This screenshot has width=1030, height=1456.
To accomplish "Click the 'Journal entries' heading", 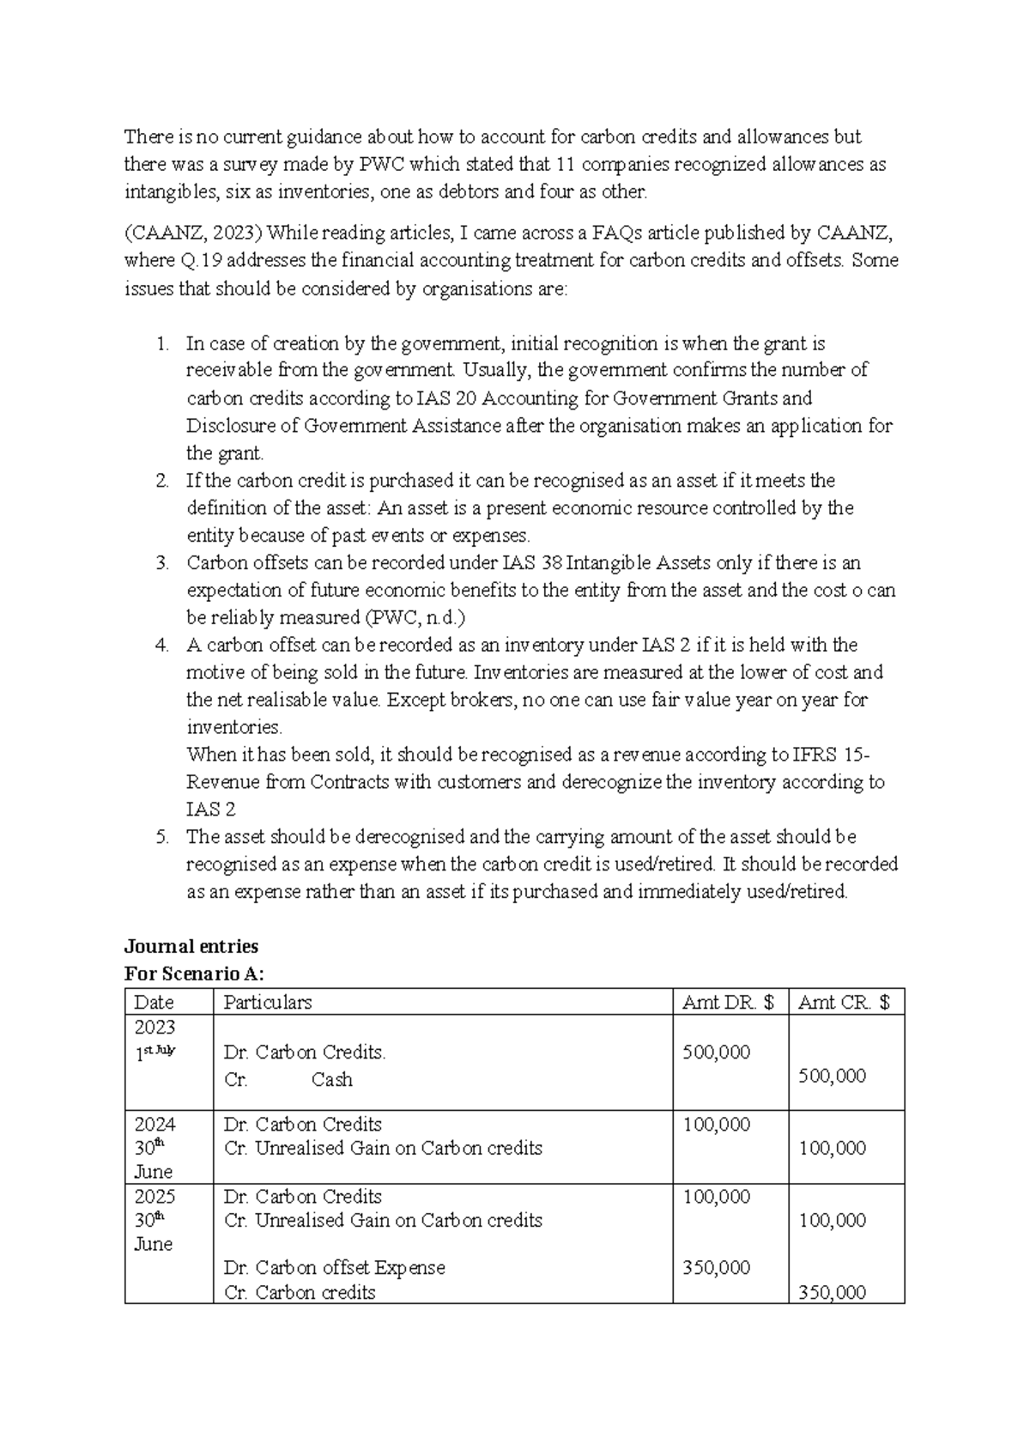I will (x=191, y=946).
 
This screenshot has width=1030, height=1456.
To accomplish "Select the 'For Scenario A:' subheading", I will (x=194, y=974).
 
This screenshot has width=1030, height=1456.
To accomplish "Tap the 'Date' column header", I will (x=154, y=1002).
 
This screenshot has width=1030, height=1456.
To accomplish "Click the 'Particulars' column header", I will (x=268, y=1002).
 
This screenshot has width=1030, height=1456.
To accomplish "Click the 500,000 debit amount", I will (x=716, y=1052).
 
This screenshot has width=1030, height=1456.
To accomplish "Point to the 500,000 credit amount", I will (x=832, y=1076).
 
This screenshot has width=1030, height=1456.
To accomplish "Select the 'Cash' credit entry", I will (x=332, y=1079).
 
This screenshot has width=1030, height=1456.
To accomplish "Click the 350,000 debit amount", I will (x=716, y=1267).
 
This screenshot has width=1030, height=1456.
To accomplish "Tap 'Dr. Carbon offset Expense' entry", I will (x=335, y=1267).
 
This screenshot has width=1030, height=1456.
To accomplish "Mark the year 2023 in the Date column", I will (x=154, y=1027).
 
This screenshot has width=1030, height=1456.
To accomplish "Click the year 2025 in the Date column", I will (x=154, y=1196).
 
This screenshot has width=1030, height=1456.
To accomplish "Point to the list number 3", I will (x=162, y=563).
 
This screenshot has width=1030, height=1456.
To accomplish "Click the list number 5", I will (x=162, y=837).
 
